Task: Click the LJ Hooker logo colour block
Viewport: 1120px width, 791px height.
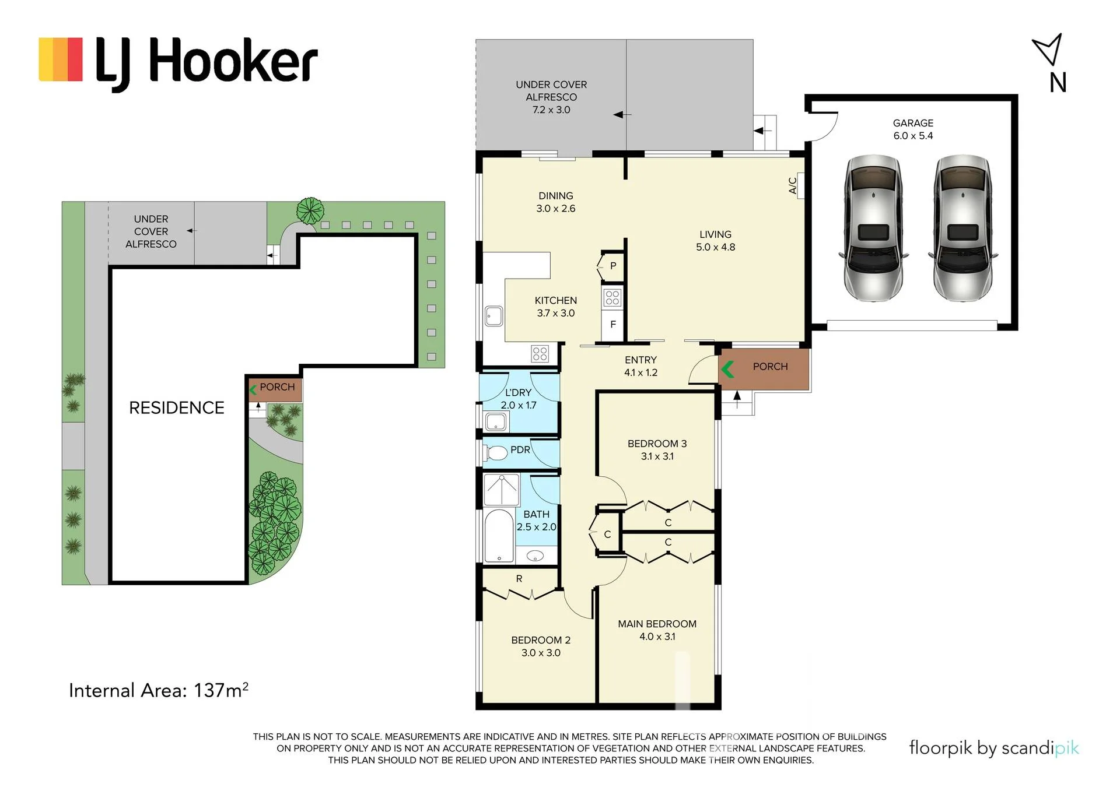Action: pyautogui.click(x=61, y=59)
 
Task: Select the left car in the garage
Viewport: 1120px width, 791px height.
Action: pyautogui.click(x=873, y=228)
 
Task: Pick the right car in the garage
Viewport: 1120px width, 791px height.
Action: pyautogui.click(x=963, y=228)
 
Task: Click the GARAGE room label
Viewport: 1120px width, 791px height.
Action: pyautogui.click(x=913, y=123)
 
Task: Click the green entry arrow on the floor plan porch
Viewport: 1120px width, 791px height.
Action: pyautogui.click(x=727, y=368)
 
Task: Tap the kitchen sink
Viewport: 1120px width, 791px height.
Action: pyautogui.click(x=494, y=316)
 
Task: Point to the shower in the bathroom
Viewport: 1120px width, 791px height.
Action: pyautogui.click(x=501, y=490)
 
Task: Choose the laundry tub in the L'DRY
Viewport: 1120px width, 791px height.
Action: pyautogui.click(x=496, y=421)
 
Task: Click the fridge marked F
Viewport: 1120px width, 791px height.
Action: pyautogui.click(x=613, y=324)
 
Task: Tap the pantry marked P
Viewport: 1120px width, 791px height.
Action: pyautogui.click(x=612, y=266)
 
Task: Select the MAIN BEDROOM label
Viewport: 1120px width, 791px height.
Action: pyautogui.click(x=657, y=624)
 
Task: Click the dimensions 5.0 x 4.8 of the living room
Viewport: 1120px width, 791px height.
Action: pyautogui.click(x=715, y=247)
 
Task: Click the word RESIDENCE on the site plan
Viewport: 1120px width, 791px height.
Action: pyautogui.click(x=177, y=407)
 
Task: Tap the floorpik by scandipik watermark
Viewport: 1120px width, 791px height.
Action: pyautogui.click(x=994, y=748)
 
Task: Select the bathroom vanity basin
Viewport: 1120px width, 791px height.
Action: pyautogui.click(x=535, y=556)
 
